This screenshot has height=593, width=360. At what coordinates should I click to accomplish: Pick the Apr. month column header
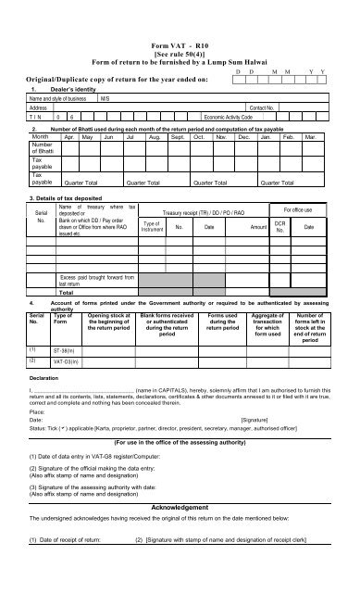tap(67, 136)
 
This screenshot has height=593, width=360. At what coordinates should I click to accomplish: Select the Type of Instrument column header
tap(152, 225)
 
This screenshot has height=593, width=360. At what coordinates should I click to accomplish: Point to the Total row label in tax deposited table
tap(67, 291)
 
